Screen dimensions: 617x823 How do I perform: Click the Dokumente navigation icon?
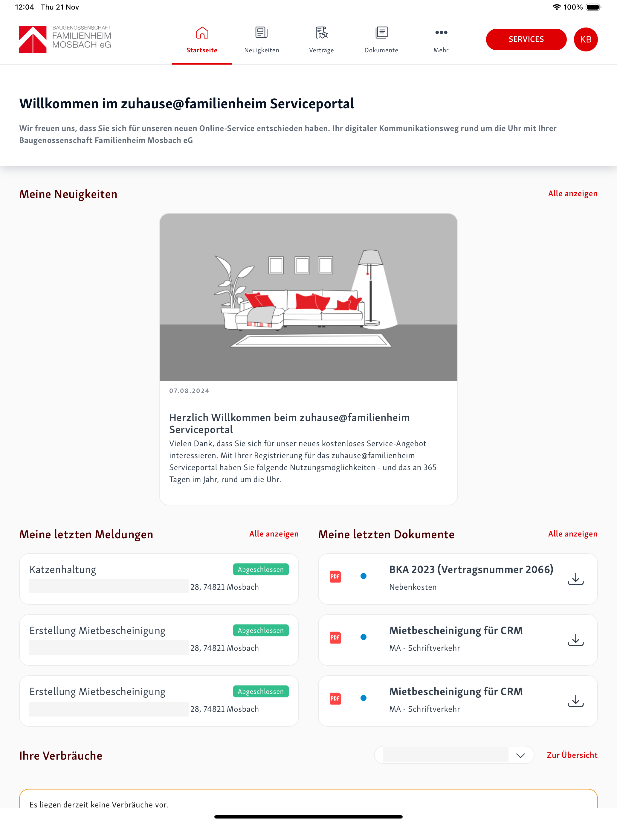point(381,33)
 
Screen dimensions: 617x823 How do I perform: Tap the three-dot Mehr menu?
point(441,33)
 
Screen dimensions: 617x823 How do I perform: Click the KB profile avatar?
point(585,39)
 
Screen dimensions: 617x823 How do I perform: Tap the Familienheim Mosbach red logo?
point(33,39)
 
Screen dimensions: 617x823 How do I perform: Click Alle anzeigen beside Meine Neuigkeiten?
point(573,193)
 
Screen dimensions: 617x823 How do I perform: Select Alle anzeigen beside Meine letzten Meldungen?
point(274,534)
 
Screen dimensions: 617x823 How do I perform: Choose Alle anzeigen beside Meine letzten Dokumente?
point(573,534)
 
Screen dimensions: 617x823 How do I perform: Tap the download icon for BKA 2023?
point(575,579)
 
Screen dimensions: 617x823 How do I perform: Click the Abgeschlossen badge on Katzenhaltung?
point(261,569)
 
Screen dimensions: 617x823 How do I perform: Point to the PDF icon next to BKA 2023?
point(335,576)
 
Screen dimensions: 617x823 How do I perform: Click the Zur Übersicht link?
point(572,755)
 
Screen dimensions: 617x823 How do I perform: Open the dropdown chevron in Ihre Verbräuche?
point(520,755)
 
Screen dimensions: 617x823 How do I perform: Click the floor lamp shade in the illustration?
point(370,257)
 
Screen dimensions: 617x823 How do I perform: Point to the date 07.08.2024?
point(189,391)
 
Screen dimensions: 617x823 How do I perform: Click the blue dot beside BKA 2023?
point(364,576)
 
